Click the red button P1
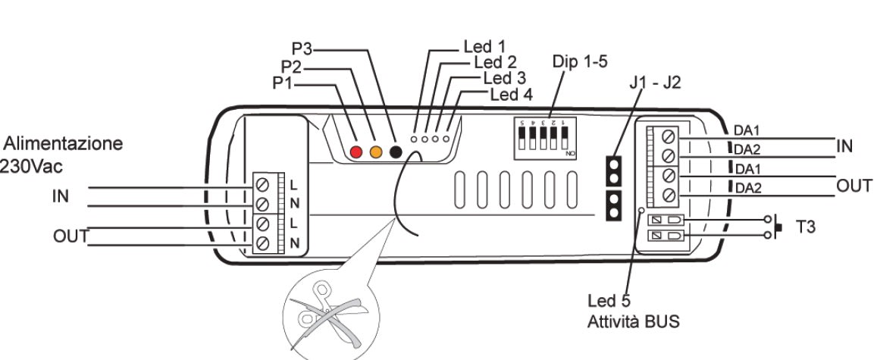pyautogui.click(x=357, y=152)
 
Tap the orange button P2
pyautogui.click(x=375, y=152)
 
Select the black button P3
pyautogui.click(x=394, y=152)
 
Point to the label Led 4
pyautogui.click(x=512, y=95)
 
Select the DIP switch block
pyautogui.click(x=543, y=137)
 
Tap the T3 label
pyautogui.click(x=810, y=226)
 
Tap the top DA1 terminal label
pyautogui.click(x=747, y=130)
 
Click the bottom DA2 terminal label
pyautogui.click(x=747, y=187)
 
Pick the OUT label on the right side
pyautogui.click(x=854, y=186)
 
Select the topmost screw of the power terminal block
pyautogui.click(x=263, y=184)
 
